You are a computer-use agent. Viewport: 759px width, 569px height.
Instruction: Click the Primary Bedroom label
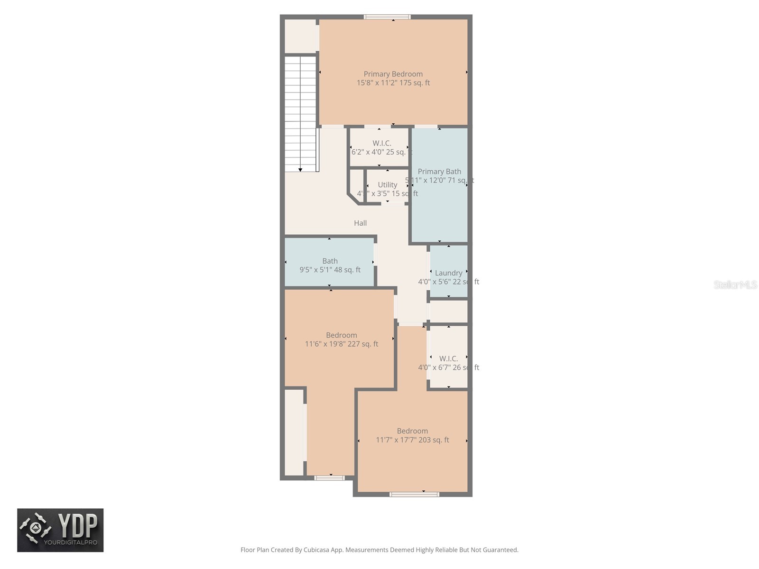(393, 74)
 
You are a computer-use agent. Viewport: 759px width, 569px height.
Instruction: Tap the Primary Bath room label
(439, 172)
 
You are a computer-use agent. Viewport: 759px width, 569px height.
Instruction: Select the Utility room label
(388, 185)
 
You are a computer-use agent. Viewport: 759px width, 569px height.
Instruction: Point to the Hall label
(360, 223)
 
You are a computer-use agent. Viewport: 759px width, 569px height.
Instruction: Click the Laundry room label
(448, 273)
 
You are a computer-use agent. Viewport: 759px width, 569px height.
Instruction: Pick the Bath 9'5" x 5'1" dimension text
(330, 270)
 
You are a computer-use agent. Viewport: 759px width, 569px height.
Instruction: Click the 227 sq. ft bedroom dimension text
(342, 344)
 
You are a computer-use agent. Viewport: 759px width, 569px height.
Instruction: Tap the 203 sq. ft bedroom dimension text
(412, 440)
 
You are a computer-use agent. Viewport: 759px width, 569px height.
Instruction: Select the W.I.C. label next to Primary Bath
(381, 143)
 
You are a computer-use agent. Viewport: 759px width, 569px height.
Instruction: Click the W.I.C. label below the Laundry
(448, 358)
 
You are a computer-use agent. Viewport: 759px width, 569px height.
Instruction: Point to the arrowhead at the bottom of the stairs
(300, 169)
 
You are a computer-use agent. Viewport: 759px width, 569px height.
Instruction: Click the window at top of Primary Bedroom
(387, 17)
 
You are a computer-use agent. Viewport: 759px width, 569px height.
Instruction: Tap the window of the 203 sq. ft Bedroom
(414, 495)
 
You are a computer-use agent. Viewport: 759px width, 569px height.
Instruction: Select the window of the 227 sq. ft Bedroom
(329, 478)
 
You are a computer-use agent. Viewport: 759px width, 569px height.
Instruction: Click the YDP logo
(60, 530)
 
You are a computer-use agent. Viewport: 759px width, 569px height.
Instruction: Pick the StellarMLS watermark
(735, 284)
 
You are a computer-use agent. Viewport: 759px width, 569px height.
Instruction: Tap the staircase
(300, 114)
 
